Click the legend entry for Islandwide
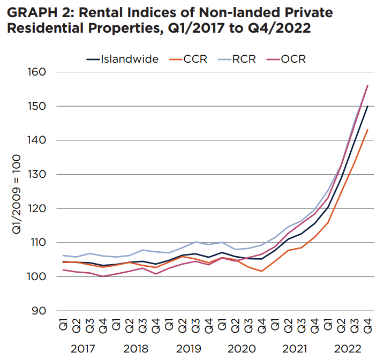click(x=129, y=59)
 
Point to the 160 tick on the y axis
click(x=37, y=72)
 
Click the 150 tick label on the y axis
click(x=37, y=106)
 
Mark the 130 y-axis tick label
click(x=37, y=175)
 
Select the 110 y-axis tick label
click(x=37, y=243)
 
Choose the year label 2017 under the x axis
click(x=83, y=349)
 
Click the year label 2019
click(x=188, y=349)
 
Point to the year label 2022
click(x=347, y=349)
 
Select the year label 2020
click(x=241, y=349)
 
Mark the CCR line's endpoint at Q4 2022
click(x=367, y=130)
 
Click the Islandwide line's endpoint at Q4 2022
click(x=367, y=106)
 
